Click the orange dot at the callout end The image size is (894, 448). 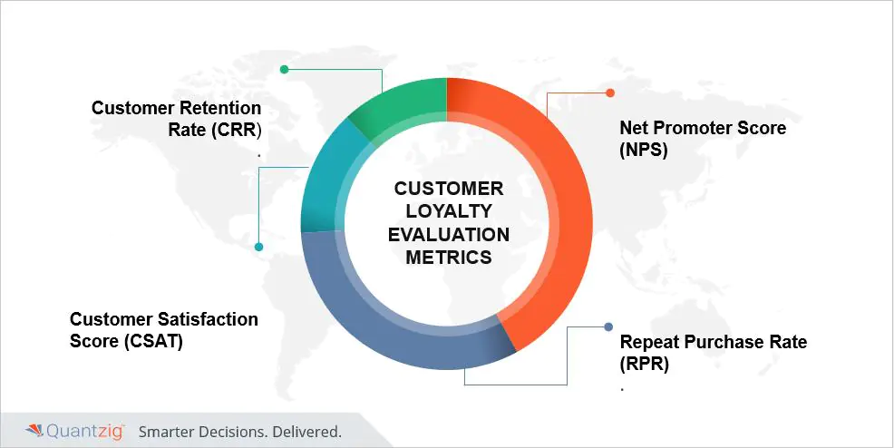[610, 93]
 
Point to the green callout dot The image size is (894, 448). [284, 70]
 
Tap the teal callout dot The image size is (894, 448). [258, 247]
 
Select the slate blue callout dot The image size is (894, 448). [608, 326]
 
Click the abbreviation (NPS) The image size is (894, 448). [644, 150]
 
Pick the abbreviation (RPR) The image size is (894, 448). [645, 364]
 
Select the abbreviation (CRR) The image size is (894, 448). [236, 130]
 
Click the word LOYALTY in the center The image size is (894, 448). [449, 211]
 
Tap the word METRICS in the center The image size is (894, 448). [449, 257]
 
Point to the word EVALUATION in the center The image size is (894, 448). [449, 234]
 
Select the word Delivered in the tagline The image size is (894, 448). [307, 432]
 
